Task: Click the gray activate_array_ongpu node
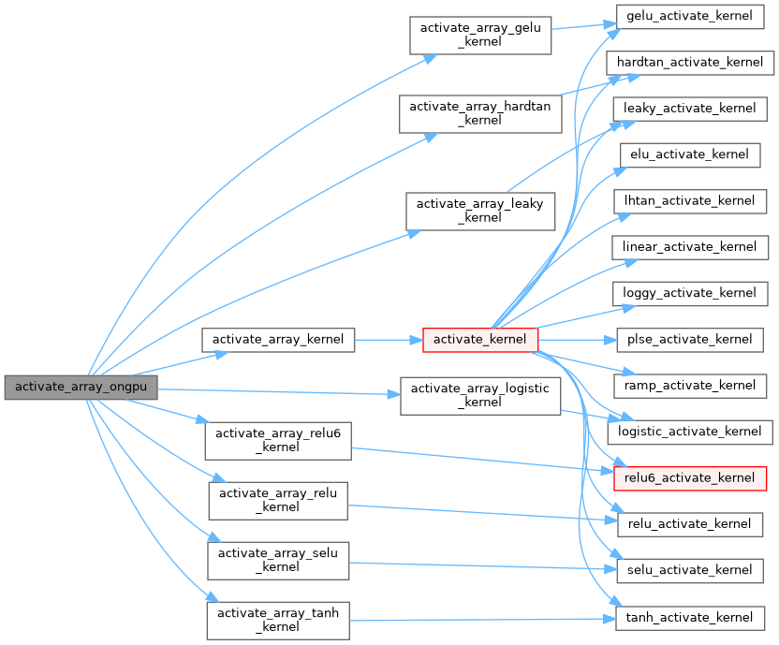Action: pos(81,387)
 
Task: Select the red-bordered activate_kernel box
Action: pos(480,340)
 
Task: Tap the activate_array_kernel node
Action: pos(278,340)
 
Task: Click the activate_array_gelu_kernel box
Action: pos(478,35)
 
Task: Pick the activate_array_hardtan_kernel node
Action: pos(480,112)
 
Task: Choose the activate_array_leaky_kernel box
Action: pos(480,211)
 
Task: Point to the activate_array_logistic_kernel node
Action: pos(480,395)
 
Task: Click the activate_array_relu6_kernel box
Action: pos(278,440)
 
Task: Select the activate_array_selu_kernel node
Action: pos(278,560)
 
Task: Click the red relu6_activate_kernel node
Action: pos(690,477)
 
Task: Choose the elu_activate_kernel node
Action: pos(690,154)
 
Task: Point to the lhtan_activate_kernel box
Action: pos(690,200)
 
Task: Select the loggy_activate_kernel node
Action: pos(690,293)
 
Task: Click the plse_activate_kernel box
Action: pos(690,339)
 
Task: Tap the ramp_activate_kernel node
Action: pos(690,385)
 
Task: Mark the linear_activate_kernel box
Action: pos(690,247)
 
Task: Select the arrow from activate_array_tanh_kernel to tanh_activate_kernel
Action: pos(478,620)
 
